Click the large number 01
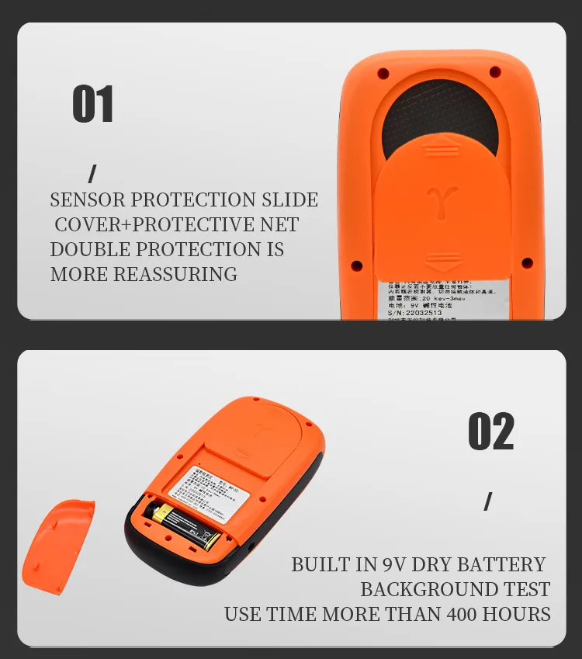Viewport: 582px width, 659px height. (x=93, y=105)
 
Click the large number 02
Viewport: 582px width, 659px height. (x=490, y=432)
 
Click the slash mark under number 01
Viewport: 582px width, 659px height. (x=92, y=174)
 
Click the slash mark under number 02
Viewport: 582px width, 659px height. (x=487, y=501)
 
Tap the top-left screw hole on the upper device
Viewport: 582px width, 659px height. (x=383, y=74)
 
